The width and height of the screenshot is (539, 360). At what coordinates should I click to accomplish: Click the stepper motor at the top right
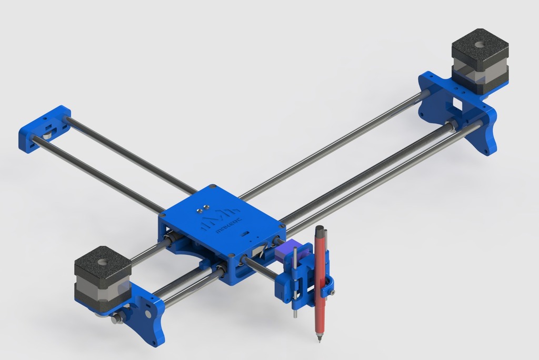(x=480, y=61)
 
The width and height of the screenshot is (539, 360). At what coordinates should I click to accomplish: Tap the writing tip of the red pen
(x=319, y=340)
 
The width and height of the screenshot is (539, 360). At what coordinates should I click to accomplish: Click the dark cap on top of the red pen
(x=319, y=230)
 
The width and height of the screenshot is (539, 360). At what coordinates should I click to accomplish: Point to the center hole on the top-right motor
(x=480, y=45)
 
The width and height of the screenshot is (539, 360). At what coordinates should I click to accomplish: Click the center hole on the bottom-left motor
(x=102, y=262)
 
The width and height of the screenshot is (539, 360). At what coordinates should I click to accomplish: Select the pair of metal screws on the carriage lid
(x=202, y=208)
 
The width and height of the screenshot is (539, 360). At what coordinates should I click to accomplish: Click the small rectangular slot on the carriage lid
(x=245, y=232)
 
